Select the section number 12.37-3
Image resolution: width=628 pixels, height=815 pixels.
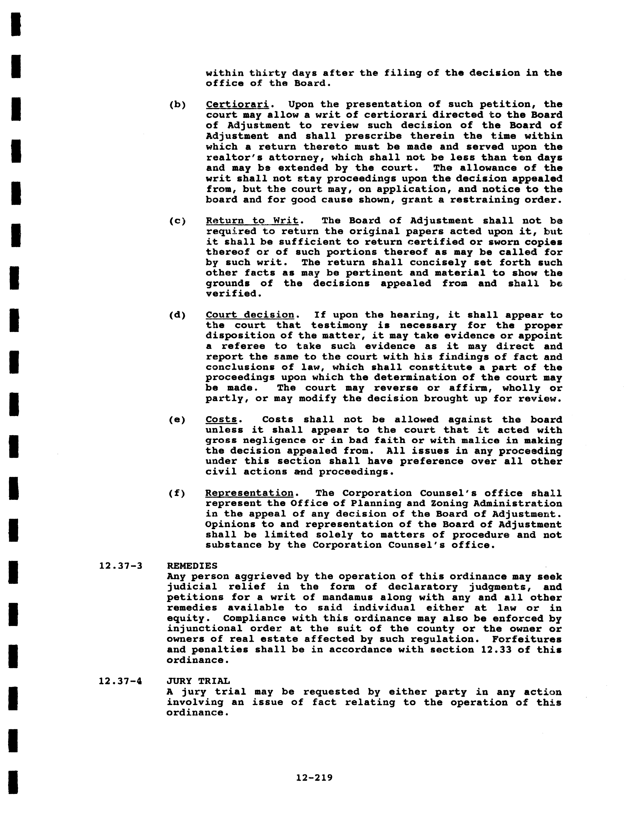(x=121, y=566)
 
